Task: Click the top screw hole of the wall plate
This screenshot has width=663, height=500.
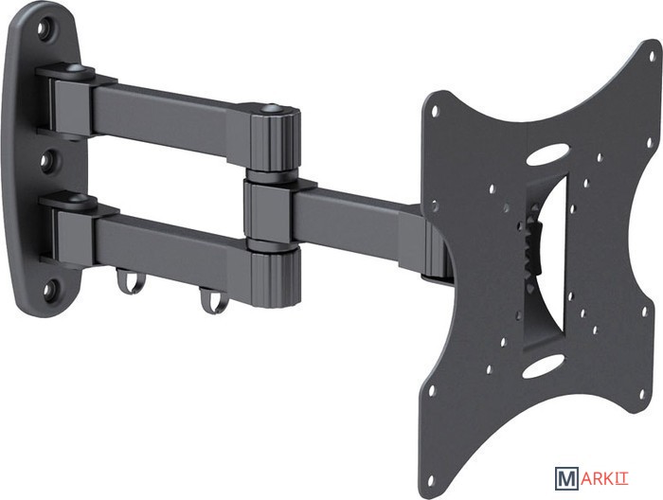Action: [x=44, y=28]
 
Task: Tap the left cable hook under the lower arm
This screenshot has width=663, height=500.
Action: [x=131, y=281]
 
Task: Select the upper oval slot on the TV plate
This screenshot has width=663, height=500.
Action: [x=548, y=154]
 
